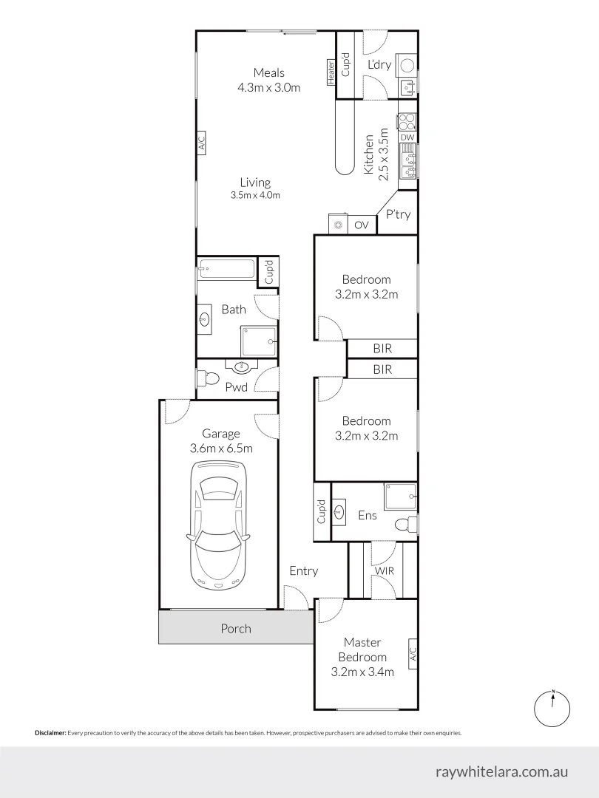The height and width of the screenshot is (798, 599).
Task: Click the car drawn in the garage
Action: (219, 525)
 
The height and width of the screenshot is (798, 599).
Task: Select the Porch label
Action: (236, 629)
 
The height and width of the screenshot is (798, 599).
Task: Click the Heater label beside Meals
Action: (331, 70)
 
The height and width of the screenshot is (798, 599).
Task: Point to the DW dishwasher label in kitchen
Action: (407, 137)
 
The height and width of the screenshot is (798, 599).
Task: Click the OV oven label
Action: (362, 225)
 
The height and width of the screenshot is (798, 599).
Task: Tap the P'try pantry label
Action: (398, 215)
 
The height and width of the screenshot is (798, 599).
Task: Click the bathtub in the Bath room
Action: (226, 270)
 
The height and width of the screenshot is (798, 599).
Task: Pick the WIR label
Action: (384, 571)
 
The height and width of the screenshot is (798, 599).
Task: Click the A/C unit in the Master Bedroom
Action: (413, 654)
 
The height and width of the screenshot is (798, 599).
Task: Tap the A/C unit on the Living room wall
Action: (200, 142)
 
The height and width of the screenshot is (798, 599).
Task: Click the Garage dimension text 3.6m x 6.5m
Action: (221, 449)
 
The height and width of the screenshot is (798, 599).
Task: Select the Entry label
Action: (303, 570)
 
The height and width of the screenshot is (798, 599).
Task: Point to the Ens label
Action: (368, 515)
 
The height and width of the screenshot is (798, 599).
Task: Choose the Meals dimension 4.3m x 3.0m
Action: (268, 87)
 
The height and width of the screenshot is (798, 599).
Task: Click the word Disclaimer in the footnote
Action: (50, 733)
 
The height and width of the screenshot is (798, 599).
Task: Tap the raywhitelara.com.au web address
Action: (502, 771)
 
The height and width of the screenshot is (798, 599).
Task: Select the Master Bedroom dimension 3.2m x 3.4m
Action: (362, 672)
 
